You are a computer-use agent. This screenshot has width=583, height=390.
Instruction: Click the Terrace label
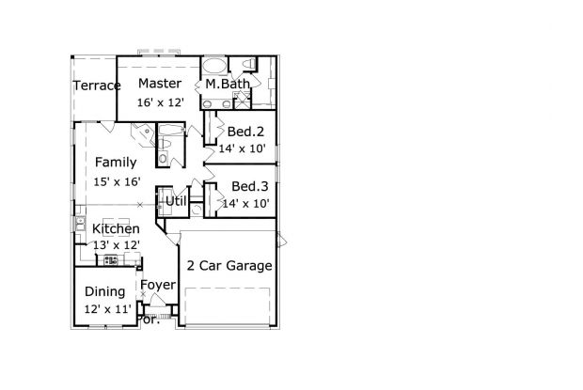tap(97, 86)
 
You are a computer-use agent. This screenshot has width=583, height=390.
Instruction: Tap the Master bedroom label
tap(160, 84)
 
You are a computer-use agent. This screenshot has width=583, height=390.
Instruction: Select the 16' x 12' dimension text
tap(161, 102)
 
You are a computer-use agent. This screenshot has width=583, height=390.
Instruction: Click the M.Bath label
tap(228, 84)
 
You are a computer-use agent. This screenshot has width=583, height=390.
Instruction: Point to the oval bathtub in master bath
tap(214, 67)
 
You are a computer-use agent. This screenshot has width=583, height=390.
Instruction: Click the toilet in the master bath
tap(249, 64)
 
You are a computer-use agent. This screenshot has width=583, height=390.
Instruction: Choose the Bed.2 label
tap(245, 132)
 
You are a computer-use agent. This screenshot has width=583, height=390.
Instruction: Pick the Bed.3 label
tap(249, 186)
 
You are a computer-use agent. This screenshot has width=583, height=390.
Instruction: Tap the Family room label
tap(116, 163)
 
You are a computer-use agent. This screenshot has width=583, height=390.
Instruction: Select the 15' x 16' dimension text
tap(117, 182)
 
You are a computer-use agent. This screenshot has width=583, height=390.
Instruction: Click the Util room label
tap(176, 201)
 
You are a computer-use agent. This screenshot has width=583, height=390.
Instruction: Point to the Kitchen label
tap(116, 228)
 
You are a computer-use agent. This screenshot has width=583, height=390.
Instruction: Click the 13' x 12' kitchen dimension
tap(117, 245)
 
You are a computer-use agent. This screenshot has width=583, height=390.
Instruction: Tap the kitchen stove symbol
tap(110, 260)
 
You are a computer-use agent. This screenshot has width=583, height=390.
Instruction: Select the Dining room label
tap(105, 292)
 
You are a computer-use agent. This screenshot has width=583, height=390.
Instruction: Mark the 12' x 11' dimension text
tap(107, 309)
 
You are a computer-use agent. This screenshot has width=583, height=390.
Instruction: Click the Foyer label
tap(158, 286)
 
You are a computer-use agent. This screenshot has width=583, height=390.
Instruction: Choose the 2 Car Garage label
tap(229, 266)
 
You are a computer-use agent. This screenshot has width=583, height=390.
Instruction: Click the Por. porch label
tap(149, 320)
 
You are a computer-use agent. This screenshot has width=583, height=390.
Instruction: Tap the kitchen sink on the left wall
tap(80, 224)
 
